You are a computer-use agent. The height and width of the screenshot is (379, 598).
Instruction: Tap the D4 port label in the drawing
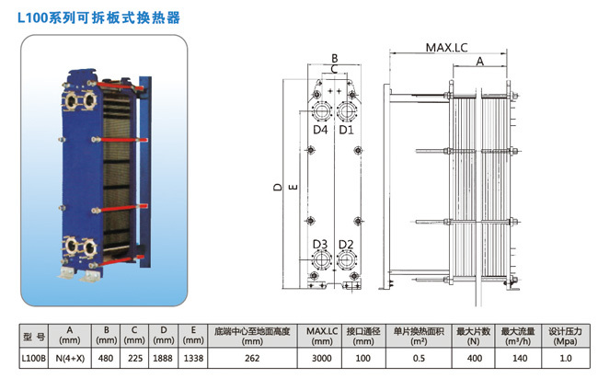pyautogui.click(x=320, y=130)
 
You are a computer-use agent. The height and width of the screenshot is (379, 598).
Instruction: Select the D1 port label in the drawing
pyautogui.click(x=347, y=130)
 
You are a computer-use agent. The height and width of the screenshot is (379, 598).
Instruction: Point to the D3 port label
pyautogui.click(x=320, y=243)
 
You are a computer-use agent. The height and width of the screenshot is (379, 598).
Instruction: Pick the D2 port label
pyautogui.click(x=347, y=243)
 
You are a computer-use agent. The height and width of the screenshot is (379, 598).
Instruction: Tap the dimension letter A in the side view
pyautogui.click(x=479, y=62)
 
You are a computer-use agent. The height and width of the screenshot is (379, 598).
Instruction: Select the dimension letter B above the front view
pyautogui.click(x=335, y=58)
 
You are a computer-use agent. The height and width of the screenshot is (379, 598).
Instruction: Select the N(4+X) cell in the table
pyautogui.click(x=70, y=358)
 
